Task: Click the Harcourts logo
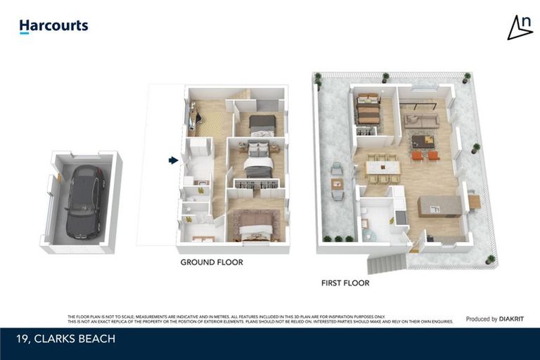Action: click(x=53, y=27)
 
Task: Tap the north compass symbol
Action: click(x=520, y=27)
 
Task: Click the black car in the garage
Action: click(x=85, y=201)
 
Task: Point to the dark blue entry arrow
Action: click(x=173, y=160)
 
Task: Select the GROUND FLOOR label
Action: click(x=212, y=262)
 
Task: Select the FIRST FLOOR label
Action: click(x=345, y=283)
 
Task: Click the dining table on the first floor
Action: click(x=382, y=168)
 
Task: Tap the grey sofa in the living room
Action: click(x=421, y=121)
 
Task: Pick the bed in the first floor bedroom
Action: click(x=367, y=110)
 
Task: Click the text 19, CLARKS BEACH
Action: click(x=65, y=340)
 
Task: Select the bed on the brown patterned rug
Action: click(x=257, y=229)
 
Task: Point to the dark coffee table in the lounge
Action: click(x=423, y=141)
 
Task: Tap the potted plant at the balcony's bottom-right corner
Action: click(x=490, y=260)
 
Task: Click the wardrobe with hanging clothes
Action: click(x=256, y=185)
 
